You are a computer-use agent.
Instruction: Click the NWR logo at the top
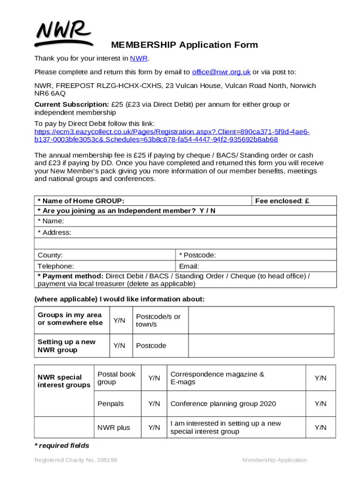[x=62, y=33]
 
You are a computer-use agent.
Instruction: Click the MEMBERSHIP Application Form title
[x=184, y=45]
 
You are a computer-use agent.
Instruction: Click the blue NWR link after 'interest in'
[x=138, y=58]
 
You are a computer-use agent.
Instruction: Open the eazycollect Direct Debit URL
[x=172, y=136]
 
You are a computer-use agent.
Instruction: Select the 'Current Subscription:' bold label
[x=72, y=104]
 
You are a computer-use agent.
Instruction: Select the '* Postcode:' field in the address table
[x=256, y=255]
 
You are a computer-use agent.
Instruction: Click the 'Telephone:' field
[x=105, y=266]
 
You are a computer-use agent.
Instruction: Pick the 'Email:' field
[x=256, y=266]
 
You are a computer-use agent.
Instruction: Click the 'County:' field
[x=105, y=255]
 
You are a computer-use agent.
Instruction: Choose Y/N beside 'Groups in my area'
[x=120, y=320]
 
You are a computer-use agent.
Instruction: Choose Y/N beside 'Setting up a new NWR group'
[x=120, y=346]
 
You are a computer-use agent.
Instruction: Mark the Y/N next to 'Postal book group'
[x=154, y=378]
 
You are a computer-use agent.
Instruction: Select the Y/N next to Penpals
[x=154, y=404]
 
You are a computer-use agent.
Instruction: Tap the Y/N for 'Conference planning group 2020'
[x=320, y=404]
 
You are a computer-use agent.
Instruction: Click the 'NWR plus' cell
[x=114, y=428]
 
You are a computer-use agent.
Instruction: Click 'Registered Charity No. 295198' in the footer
[x=76, y=460]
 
